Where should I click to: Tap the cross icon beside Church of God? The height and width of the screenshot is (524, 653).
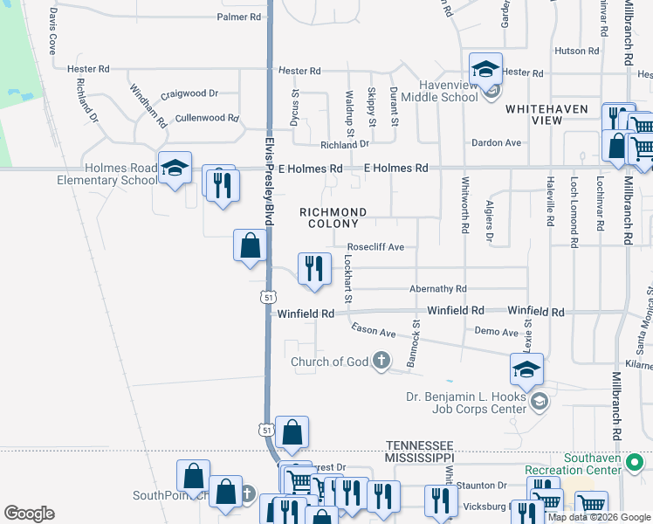pos(381,360)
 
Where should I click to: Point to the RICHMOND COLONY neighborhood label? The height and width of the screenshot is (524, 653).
pos(333,217)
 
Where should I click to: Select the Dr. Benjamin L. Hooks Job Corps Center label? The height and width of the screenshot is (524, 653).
pos(466,403)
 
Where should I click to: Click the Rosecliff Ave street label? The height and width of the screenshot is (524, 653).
pos(375,247)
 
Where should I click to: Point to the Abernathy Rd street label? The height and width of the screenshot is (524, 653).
pos(438,289)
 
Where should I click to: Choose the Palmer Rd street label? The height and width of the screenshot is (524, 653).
pos(239,17)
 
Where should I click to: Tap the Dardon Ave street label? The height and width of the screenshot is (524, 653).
pos(496,142)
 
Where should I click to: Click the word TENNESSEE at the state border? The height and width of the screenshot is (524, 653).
pos(420,445)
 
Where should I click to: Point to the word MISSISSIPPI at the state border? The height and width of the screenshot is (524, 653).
pos(420,457)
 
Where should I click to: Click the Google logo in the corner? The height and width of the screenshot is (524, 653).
pos(30,514)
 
